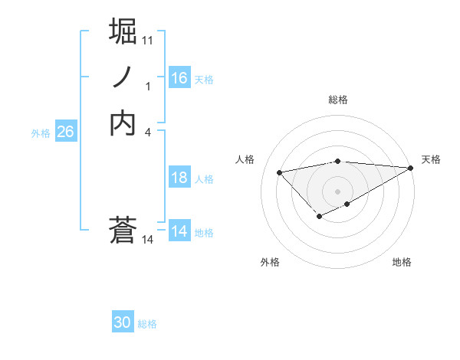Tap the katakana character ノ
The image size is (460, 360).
pyautogui.click(x=123, y=77)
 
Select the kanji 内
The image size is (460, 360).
pyautogui.click(x=123, y=123)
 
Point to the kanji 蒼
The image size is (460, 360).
pyautogui.click(x=123, y=230)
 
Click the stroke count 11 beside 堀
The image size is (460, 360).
pyautogui.click(x=148, y=39)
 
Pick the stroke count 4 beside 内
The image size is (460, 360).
pyautogui.click(x=148, y=133)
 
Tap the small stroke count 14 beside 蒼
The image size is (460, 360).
pyautogui.click(x=148, y=240)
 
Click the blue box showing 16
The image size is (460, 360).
pyautogui.click(x=179, y=78)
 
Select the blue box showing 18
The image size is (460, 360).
pyautogui.click(x=179, y=178)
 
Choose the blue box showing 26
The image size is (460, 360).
pyautogui.click(x=65, y=132)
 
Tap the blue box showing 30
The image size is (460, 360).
pyautogui.click(x=123, y=322)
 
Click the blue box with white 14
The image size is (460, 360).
pyautogui.click(x=179, y=231)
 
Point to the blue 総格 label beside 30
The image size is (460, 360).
pyautogui.click(x=147, y=324)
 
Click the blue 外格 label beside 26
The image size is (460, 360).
pyautogui.click(x=41, y=133)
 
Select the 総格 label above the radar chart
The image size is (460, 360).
pyautogui.click(x=338, y=100)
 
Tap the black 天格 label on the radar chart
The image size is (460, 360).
pyautogui.click(x=431, y=159)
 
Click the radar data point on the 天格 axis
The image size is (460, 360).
pyautogui.click(x=412, y=168)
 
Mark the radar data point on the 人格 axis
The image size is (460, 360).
pyautogui.click(x=279, y=172)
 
